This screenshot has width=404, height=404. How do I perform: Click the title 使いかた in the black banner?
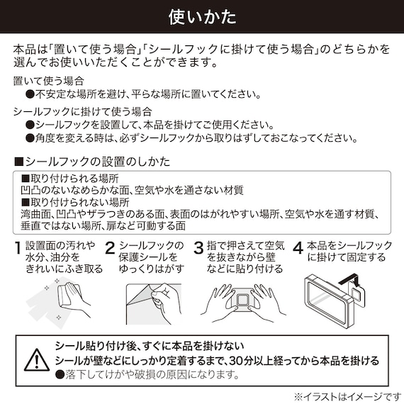pos(202,16)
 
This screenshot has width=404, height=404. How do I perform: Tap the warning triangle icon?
pos(35,361)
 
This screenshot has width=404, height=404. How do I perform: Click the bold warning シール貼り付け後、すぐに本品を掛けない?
pos(152,347)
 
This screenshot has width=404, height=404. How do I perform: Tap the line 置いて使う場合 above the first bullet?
pos(49,82)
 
